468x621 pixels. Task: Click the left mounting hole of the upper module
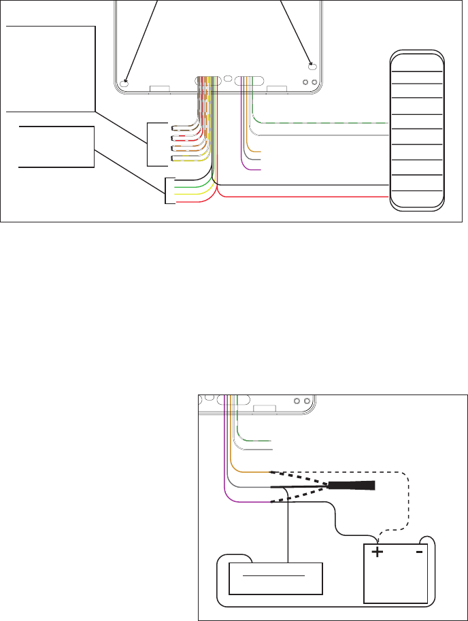pos(124,83)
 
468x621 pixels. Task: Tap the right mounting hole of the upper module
pos(313,67)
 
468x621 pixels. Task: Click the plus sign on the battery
pos(377,552)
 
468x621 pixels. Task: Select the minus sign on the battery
pos(419,552)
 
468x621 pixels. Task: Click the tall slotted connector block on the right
pos(416,129)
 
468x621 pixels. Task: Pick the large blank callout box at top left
pos(50,69)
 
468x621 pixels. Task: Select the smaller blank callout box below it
pos(56,146)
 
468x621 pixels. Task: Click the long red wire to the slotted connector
pos(306,197)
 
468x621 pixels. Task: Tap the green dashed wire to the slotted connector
pos(320,122)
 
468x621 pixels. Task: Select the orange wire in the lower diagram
pos(252,471)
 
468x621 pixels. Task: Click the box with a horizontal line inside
pos(274,578)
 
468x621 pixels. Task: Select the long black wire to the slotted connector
pos(306,184)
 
